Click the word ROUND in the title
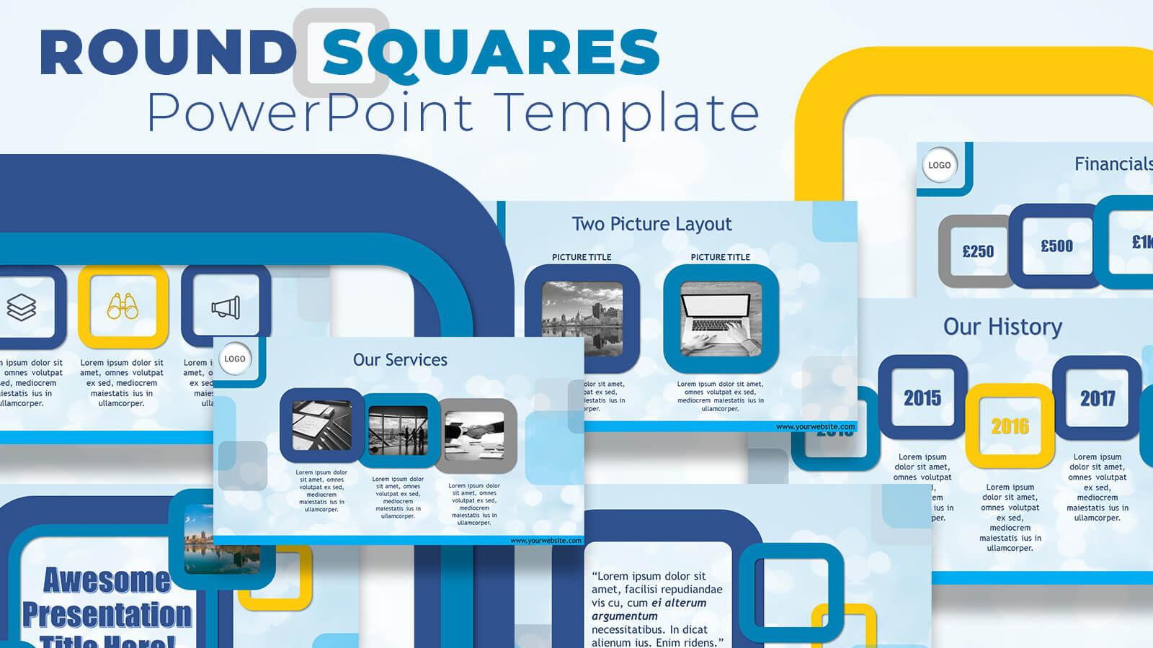click(x=167, y=53)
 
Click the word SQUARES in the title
click(x=491, y=53)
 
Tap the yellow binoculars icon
click(x=123, y=307)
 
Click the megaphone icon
click(x=226, y=307)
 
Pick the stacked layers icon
click(x=22, y=307)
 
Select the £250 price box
click(x=978, y=251)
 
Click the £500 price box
click(x=1056, y=246)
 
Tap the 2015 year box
click(x=922, y=397)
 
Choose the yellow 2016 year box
click(x=1010, y=426)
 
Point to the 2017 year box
click(x=1097, y=397)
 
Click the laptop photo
click(x=721, y=319)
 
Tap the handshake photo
click(x=475, y=435)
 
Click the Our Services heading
click(x=400, y=360)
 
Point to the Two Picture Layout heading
click(x=651, y=224)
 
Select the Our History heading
click(x=1002, y=327)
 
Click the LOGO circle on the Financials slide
click(x=940, y=165)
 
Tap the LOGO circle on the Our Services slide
click(x=235, y=359)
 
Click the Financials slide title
click(x=1113, y=164)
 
